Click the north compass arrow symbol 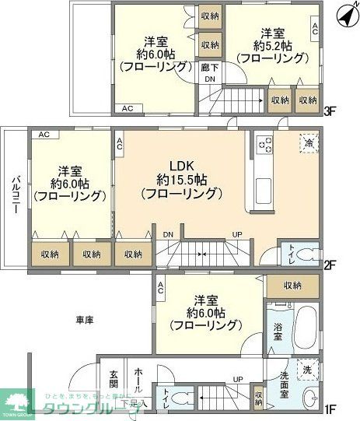point(342,13)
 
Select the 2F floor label point(330,264)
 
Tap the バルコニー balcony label point(15,198)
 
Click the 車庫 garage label point(86,320)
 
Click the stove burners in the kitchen point(264,146)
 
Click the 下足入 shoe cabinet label point(138,403)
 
